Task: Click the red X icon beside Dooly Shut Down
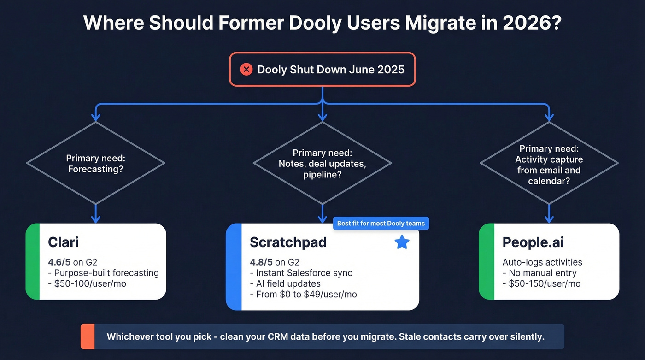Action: point(246,70)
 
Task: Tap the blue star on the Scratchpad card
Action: point(402,242)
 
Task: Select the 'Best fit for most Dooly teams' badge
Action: point(381,224)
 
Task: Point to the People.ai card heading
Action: point(533,242)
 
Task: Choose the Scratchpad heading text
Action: point(288,242)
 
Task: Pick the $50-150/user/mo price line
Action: point(541,283)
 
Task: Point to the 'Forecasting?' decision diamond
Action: point(96,163)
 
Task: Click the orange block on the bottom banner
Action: point(88,336)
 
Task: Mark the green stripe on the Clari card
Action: point(33,261)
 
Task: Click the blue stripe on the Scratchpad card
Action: point(234,266)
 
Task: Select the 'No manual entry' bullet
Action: point(539,273)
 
